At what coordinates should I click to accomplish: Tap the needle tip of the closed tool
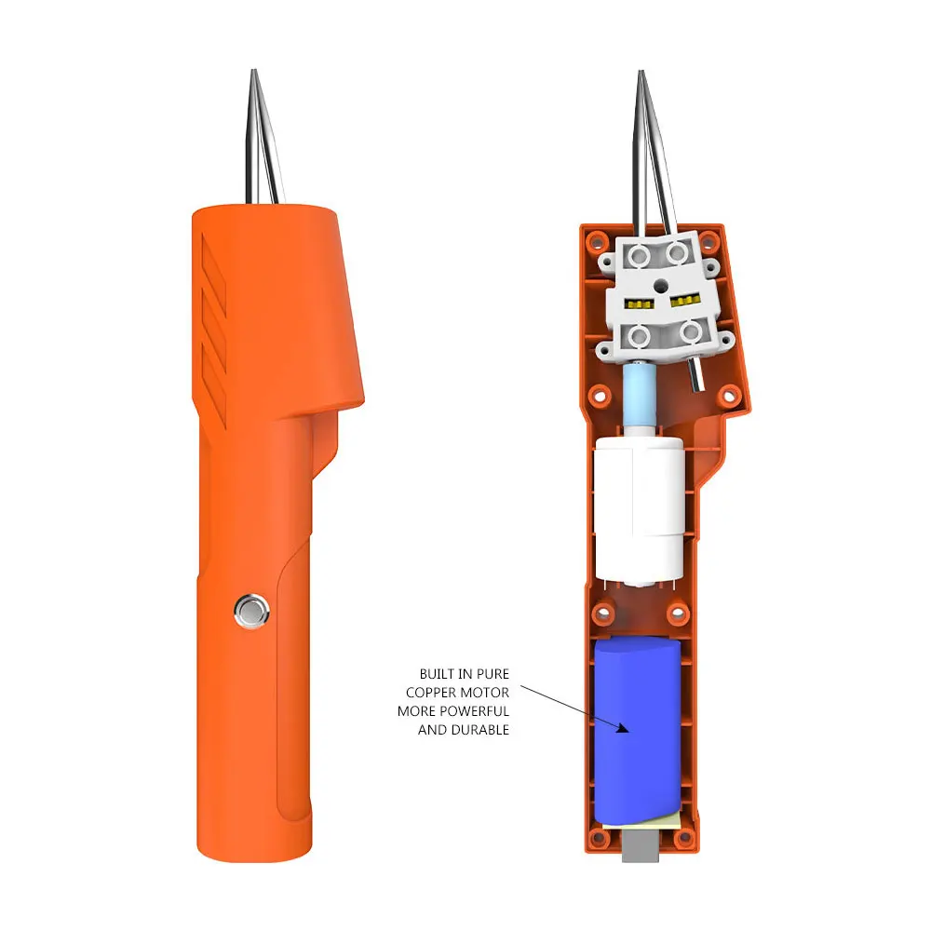coord(253,74)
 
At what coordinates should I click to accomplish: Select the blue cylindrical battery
coord(640,731)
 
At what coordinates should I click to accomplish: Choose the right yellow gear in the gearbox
coord(684,302)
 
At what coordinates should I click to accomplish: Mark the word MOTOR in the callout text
coord(487,693)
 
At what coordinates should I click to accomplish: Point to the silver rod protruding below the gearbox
coord(695,377)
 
